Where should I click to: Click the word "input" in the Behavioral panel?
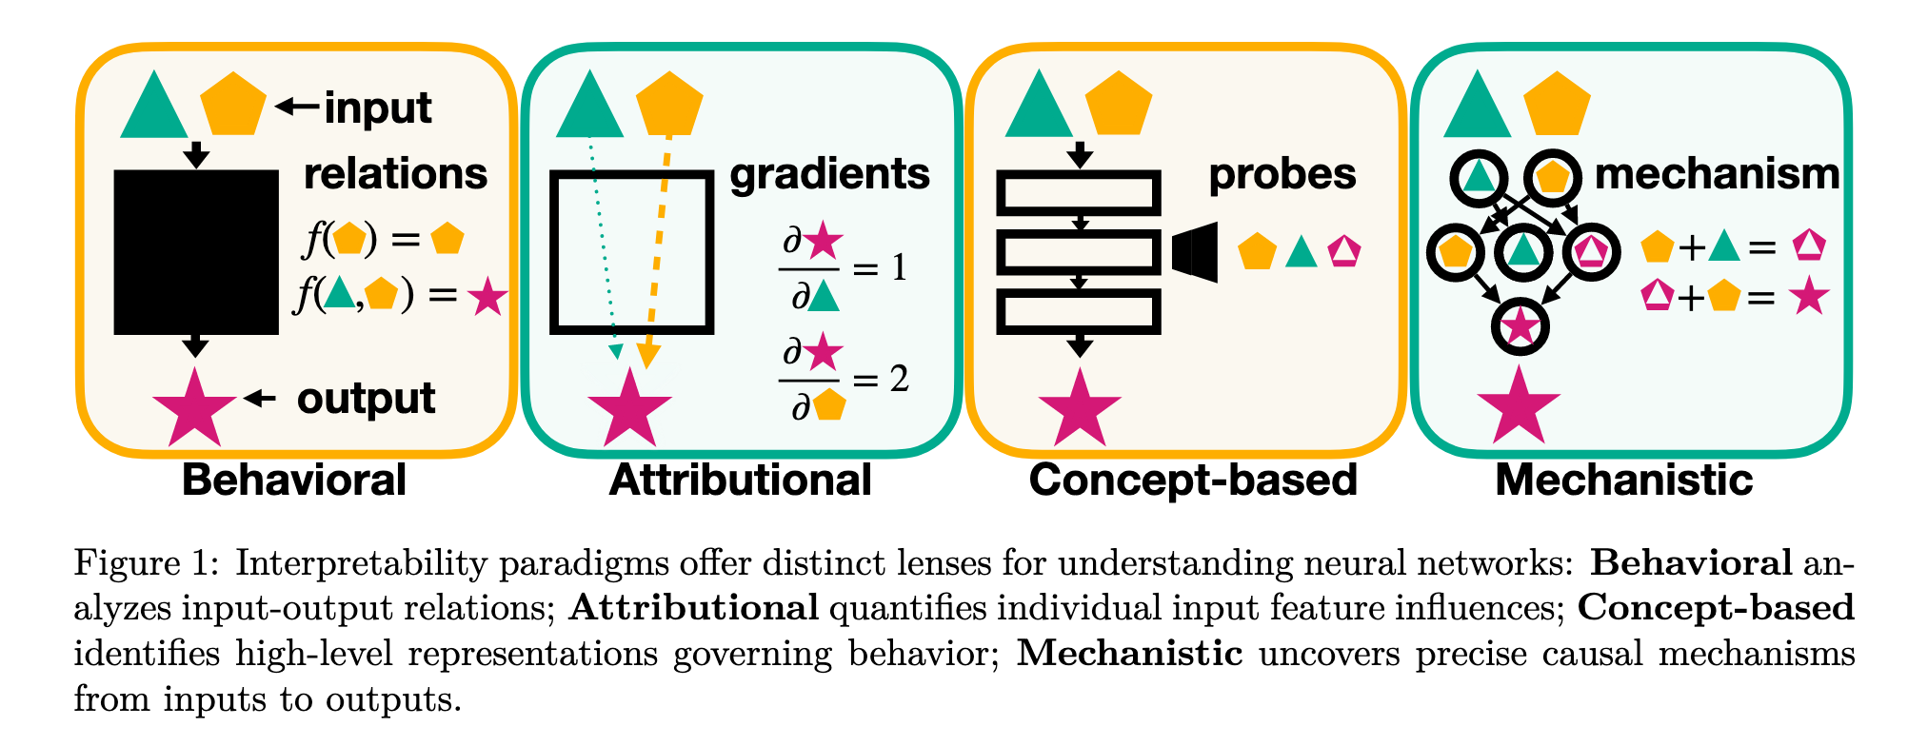(378, 108)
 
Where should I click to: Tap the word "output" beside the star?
(366, 399)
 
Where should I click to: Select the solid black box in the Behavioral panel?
(196, 252)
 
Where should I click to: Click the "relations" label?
(395, 174)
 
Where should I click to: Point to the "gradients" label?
(829, 174)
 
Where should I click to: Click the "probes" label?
(1282, 174)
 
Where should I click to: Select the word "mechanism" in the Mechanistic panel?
(1717, 174)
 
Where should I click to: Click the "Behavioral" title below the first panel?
(294, 480)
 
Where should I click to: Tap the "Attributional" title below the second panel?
(740, 480)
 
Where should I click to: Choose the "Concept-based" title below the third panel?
(1193, 480)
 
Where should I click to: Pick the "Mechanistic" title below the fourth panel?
(1623, 480)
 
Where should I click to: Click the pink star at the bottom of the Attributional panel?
(629, 409)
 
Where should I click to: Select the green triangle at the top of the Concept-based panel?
(1039, 106)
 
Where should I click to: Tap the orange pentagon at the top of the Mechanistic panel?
(1558, 104)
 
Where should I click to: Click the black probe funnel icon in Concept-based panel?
(1196, 252)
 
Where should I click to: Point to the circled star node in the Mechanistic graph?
(1520, 326)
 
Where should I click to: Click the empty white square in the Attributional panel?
(631, 252)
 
